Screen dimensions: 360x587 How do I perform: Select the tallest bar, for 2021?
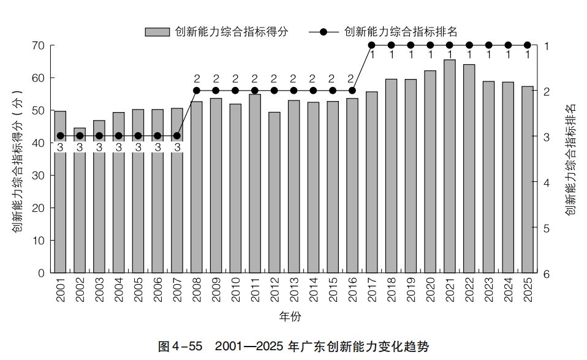[x=450, y=166]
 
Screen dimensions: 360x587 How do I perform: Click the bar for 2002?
[x=80, y=202]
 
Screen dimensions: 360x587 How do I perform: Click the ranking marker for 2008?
[x=197, y=91]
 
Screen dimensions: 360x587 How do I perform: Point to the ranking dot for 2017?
[x=371, y=45]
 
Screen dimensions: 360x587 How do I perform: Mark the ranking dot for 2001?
[x=60, y=136]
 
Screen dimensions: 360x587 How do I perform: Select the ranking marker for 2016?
[x=352, y=91]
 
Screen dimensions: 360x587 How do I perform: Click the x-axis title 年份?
[x=290, y=317]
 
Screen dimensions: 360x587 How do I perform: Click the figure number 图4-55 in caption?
[x=180, y=347]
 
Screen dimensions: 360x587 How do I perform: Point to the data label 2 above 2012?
[x=275, y=79]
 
